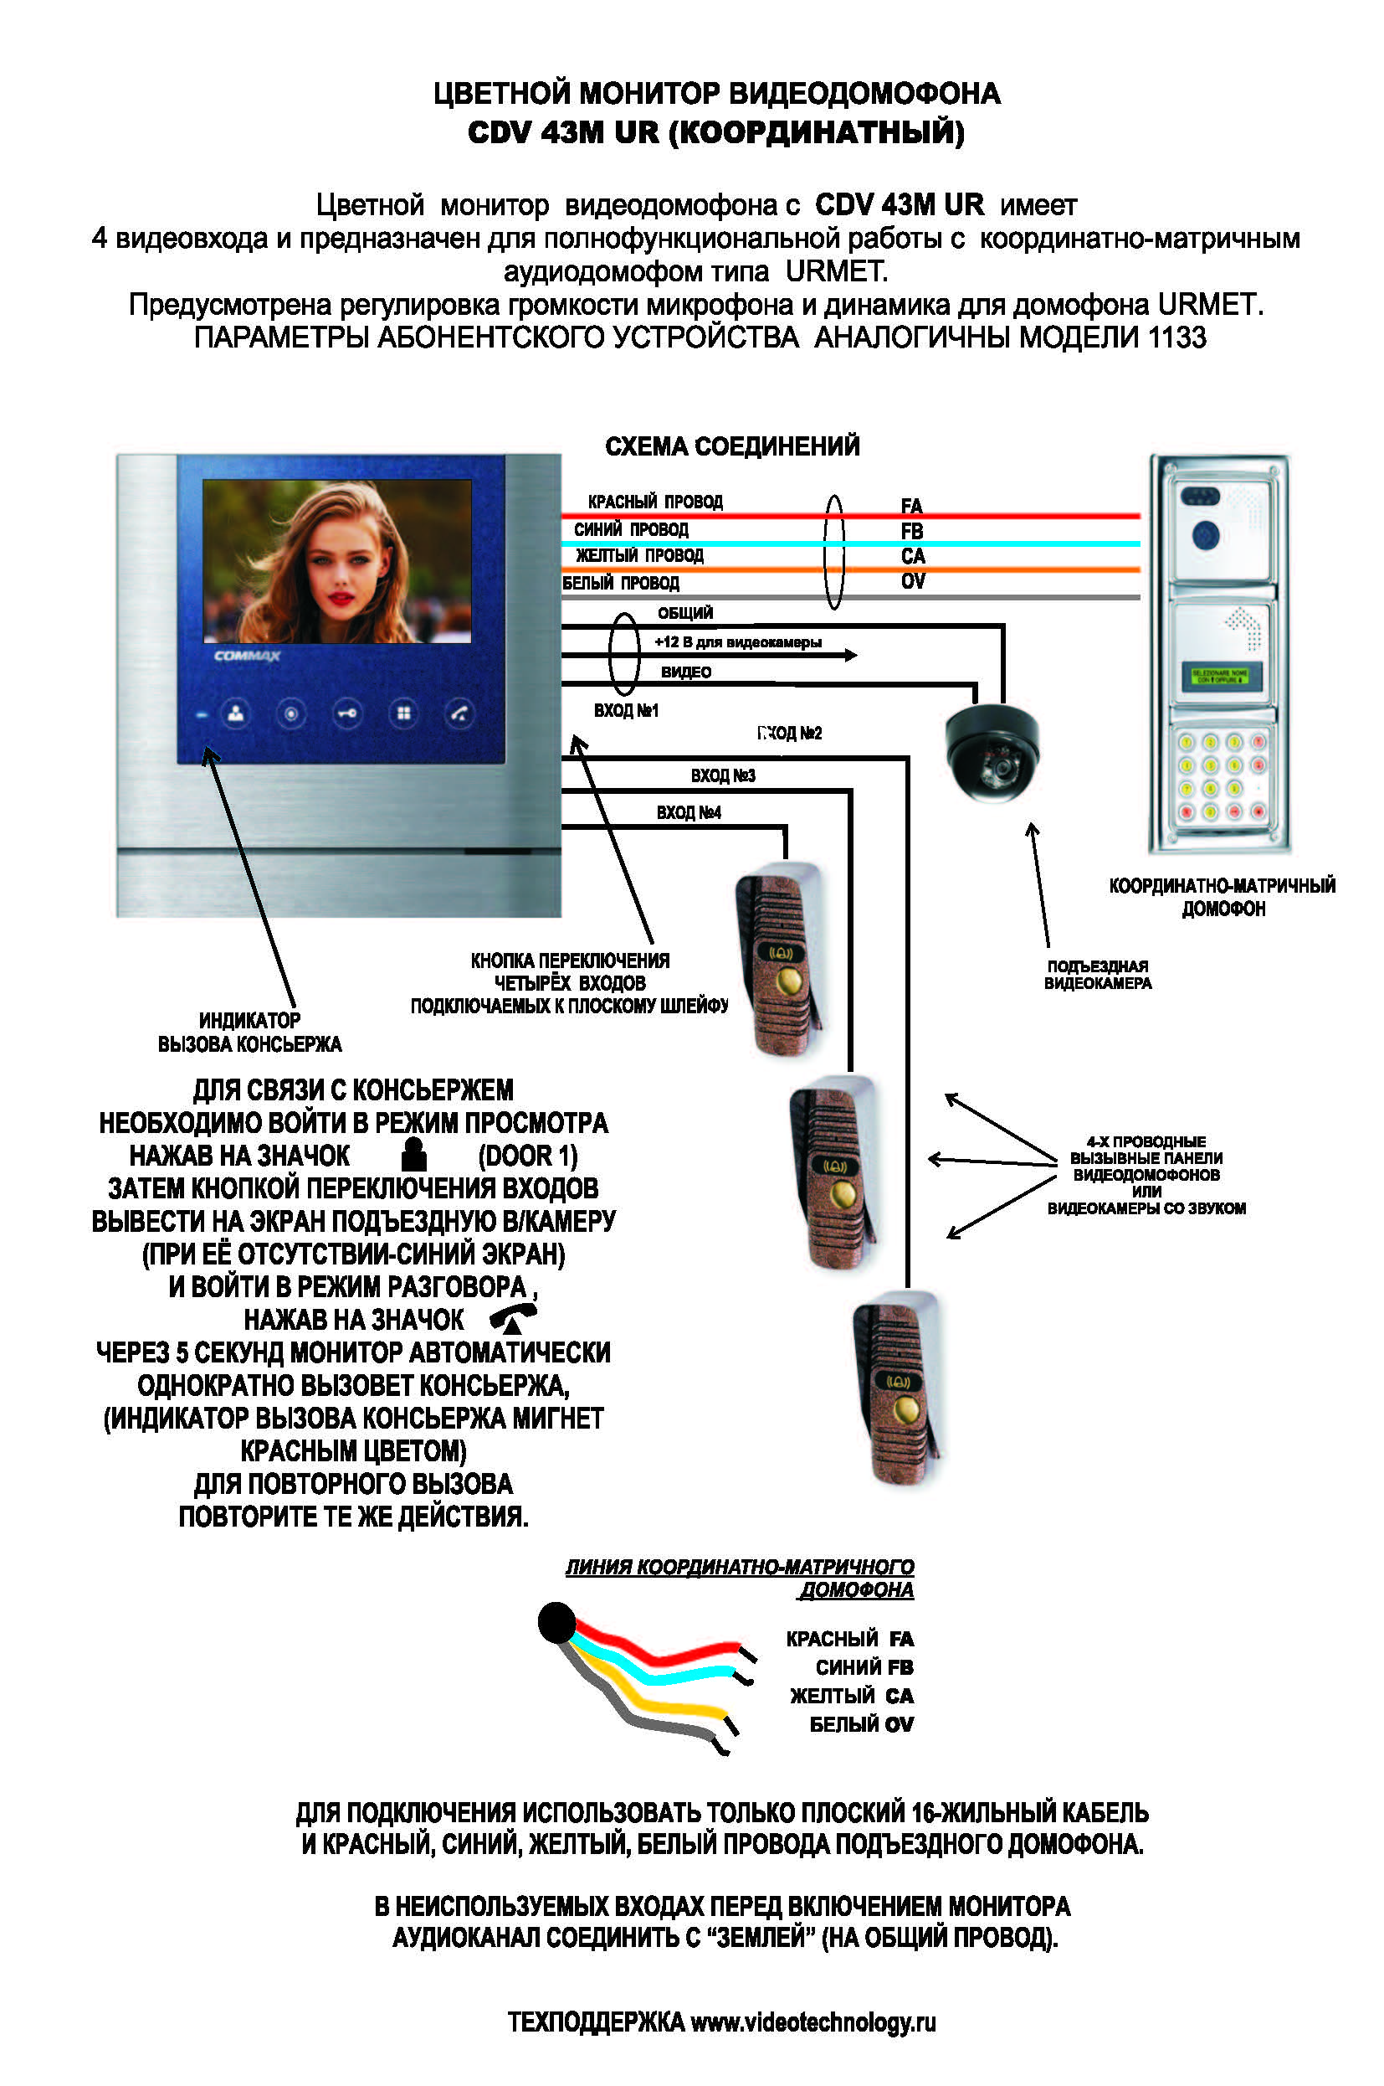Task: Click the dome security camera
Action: [x=992, y=750]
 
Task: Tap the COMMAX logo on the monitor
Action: [x=246, y=657]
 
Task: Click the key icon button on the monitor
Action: [x=347, y=713]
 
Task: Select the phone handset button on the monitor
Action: [x=459, y=713]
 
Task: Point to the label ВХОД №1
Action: [x=626, y=711]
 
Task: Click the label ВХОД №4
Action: [x=689, y=812]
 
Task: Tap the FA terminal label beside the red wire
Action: [x=912, y=506]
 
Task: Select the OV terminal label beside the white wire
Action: [x=913, y=581]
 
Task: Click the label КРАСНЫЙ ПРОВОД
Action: [x=655, y=502]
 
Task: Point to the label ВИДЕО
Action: [x=686, y=672]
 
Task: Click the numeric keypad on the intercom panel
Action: [x=1222, y=776]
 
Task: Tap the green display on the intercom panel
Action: [x=1221, y=677]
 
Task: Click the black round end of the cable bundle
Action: [x=557, y=1623]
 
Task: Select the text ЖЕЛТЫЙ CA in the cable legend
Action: [x=851, y=1696]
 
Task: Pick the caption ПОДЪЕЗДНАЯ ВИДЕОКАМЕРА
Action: [x=1097, y=974]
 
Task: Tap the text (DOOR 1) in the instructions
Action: [x=528, y=1155]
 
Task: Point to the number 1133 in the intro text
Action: [x=1176, y=337]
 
